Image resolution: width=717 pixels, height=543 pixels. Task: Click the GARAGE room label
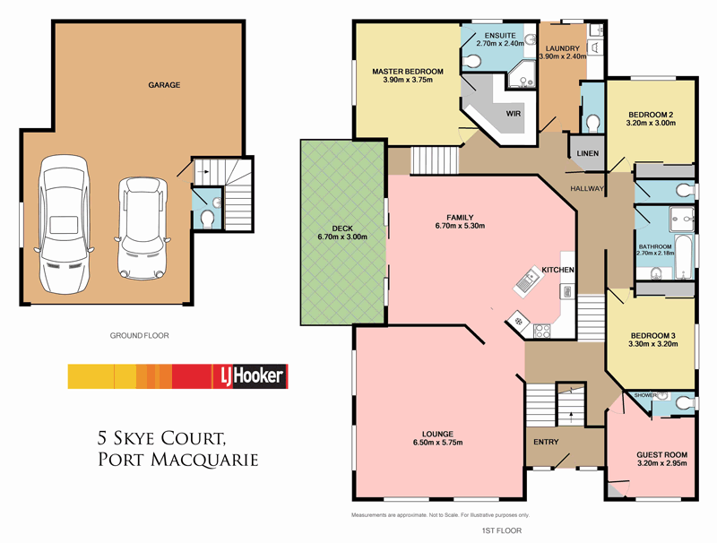click(164, 86)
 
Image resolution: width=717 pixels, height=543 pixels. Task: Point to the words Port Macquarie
click(177, 460)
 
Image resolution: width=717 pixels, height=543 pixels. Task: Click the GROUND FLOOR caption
click(139, 336)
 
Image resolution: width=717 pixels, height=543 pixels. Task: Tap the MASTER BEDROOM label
click(408, 71)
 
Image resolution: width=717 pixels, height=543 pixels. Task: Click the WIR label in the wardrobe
click(514, 115)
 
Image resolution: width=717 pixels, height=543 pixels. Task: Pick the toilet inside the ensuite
click(472, 61)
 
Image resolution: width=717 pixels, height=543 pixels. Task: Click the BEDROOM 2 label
click(650, 115)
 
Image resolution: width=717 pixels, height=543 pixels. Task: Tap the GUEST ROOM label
click(661, 454)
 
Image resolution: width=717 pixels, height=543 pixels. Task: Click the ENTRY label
click(545, 442)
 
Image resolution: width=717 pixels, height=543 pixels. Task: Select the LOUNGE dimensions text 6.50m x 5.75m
click(439, 443)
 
